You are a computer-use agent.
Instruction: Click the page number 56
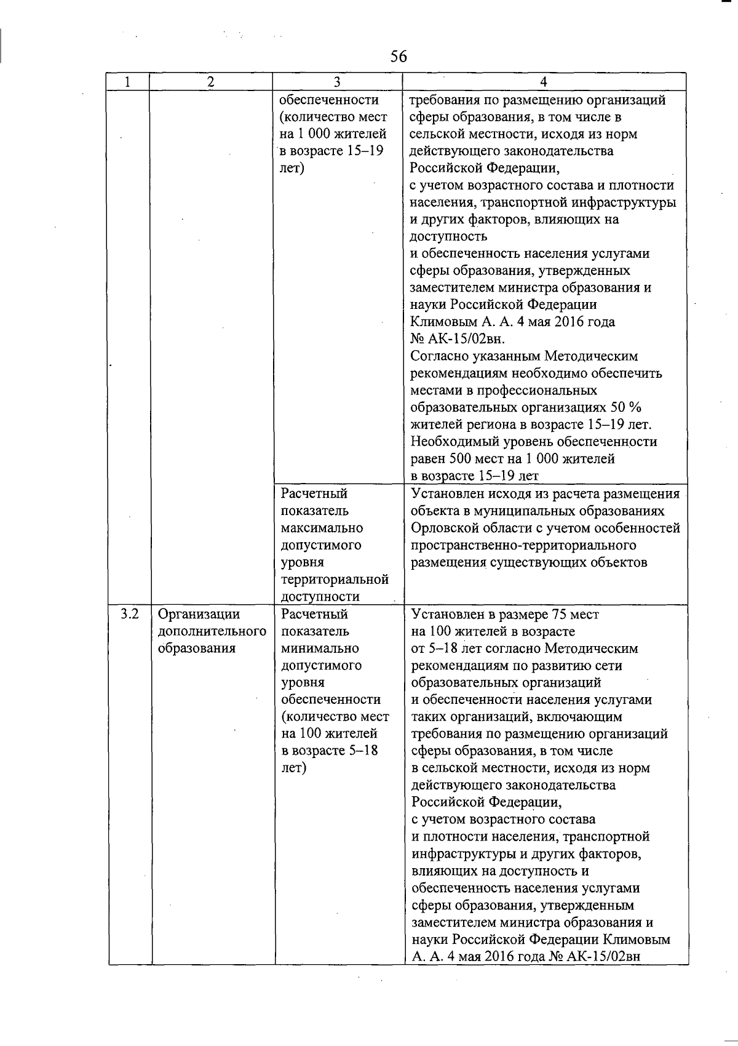click(x=399, y=57)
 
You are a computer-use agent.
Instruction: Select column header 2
click(x=211, y=82)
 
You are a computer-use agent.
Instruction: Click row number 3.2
click(x=130, y=614)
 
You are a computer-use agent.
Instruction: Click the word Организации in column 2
click(x=199, y=614)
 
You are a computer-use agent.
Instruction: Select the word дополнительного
click(x=212, y=631)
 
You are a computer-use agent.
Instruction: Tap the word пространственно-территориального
click(x=523, y=545)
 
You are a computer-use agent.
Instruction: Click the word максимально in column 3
click(x=322, y=528)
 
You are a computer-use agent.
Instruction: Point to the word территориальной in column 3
click(x=335, y=580)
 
